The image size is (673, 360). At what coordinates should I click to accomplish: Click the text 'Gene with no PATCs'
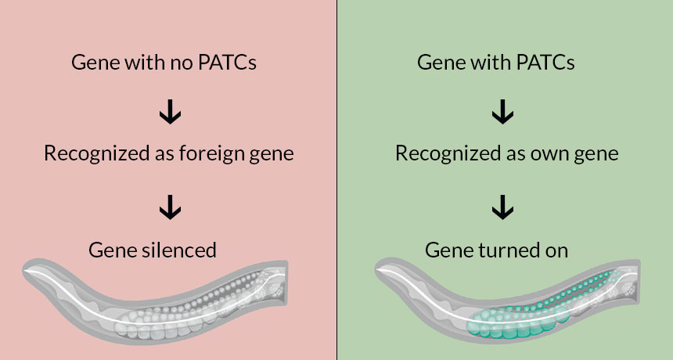164,63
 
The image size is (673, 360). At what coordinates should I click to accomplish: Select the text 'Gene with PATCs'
496,63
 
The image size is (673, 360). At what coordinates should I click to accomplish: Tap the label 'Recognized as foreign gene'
168,153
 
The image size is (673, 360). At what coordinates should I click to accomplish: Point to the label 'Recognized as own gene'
506,153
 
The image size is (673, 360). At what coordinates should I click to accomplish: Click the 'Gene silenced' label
152,250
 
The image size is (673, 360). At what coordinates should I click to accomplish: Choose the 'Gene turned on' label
496,250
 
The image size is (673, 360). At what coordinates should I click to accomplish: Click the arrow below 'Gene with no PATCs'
170,113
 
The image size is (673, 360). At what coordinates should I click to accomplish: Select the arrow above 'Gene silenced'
170,207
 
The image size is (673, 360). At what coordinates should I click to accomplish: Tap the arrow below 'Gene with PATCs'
502,113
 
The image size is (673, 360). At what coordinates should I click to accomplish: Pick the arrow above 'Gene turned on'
502,207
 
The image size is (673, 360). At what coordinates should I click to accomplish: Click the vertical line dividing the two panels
336,180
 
